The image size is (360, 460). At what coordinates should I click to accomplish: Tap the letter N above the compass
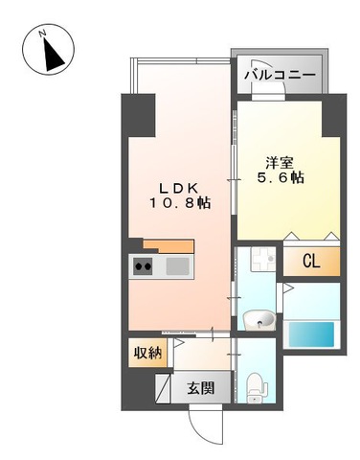[x=41, y=31]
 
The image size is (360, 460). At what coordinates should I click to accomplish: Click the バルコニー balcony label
[x=279, y=73]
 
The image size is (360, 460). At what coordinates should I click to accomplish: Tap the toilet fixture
[x=256, y=386]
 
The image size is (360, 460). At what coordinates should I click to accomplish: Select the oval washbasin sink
[x=258, y=319]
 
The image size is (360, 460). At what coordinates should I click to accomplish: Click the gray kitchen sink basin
[x=177, y=266]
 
